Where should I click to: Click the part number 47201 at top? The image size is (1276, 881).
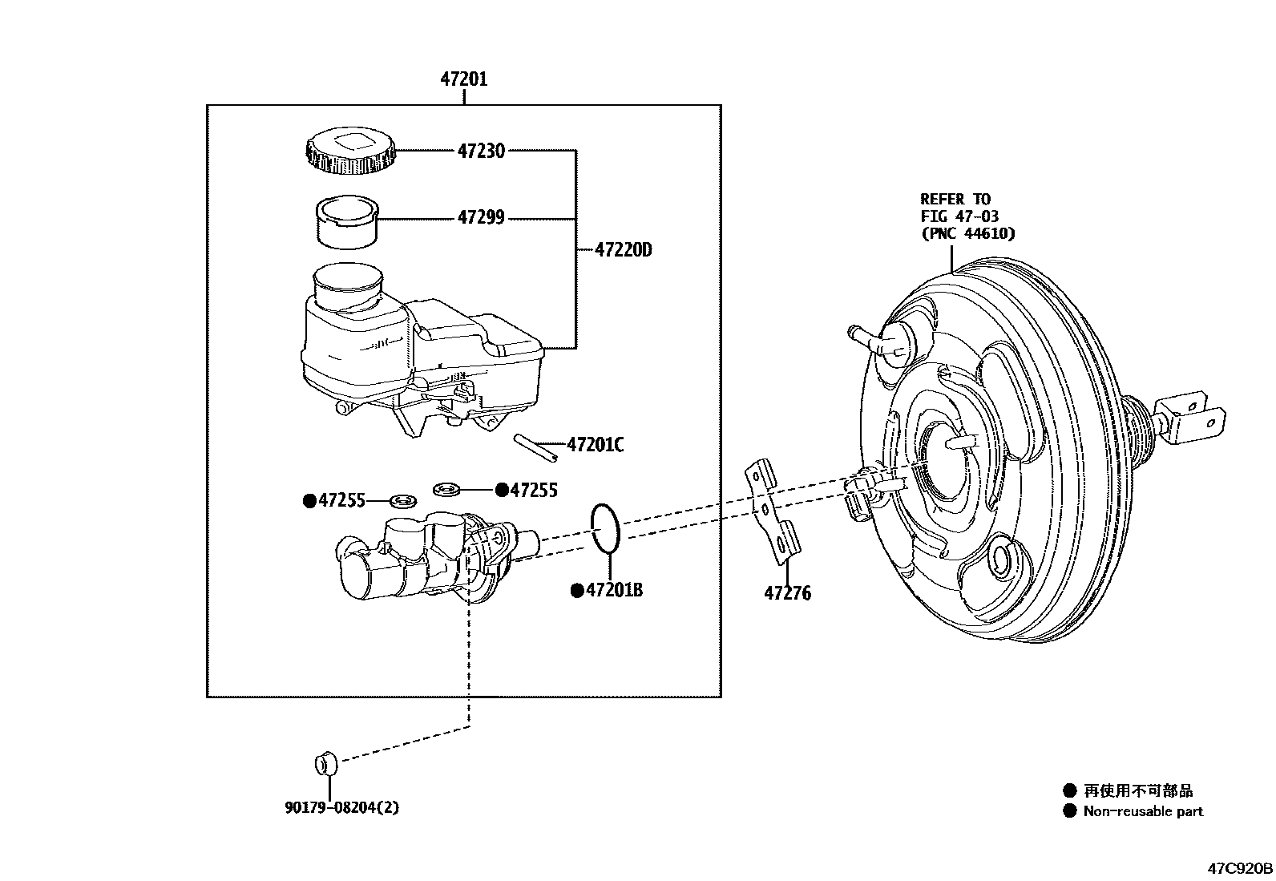(463, 79)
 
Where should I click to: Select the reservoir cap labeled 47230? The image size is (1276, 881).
(350, 150)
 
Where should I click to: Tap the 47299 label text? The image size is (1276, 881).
(481, 217)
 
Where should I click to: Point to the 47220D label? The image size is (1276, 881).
(624, 250)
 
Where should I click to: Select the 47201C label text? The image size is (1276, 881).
(595, 445)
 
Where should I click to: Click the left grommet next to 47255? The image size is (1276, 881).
(402, 502)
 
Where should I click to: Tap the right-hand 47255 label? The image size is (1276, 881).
(533, 490)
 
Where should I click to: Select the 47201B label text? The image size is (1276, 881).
(614, 591)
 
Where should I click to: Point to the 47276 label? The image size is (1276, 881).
(787, 594)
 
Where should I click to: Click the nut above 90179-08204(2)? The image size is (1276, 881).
(325, 763)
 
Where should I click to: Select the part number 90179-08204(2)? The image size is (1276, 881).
(341, 808)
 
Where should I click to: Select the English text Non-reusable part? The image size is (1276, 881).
(1143, 811)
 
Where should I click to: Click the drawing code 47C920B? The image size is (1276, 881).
(1240, 869)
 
